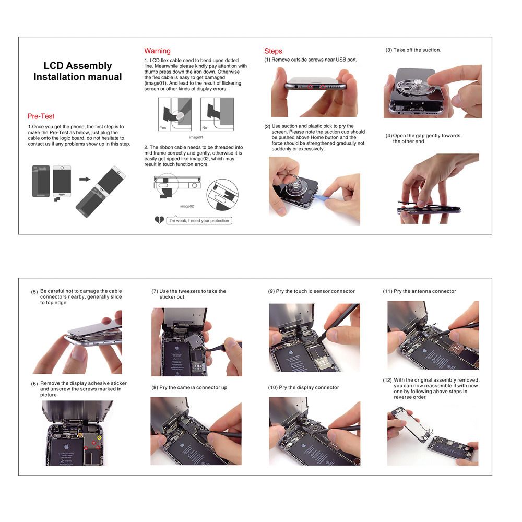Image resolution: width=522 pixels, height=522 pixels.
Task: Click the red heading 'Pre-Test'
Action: [41, 116]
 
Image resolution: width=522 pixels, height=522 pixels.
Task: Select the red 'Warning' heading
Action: [157, 51]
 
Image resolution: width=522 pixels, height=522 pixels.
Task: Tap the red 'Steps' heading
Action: [273, 51]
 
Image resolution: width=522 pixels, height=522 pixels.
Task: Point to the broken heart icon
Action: [159, 220]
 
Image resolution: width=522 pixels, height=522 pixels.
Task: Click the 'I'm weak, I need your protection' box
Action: [199, 221]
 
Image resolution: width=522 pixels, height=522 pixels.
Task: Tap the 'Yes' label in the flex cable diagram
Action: [163, 127]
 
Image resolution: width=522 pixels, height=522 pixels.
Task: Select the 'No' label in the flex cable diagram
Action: [205, 127]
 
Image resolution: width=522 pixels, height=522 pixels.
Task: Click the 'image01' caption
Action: [196, 137]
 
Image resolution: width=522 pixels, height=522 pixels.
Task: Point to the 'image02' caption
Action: [187, 206]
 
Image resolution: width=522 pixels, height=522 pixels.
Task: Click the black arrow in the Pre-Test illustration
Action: [85, 179]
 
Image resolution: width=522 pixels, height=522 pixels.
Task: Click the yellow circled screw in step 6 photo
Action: [99, 437]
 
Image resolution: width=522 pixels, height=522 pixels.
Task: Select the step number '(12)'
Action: [387, 380]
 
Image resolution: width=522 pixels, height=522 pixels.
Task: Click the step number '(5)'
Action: [34, 292]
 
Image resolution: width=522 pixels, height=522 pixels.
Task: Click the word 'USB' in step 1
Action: [340, 60]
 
